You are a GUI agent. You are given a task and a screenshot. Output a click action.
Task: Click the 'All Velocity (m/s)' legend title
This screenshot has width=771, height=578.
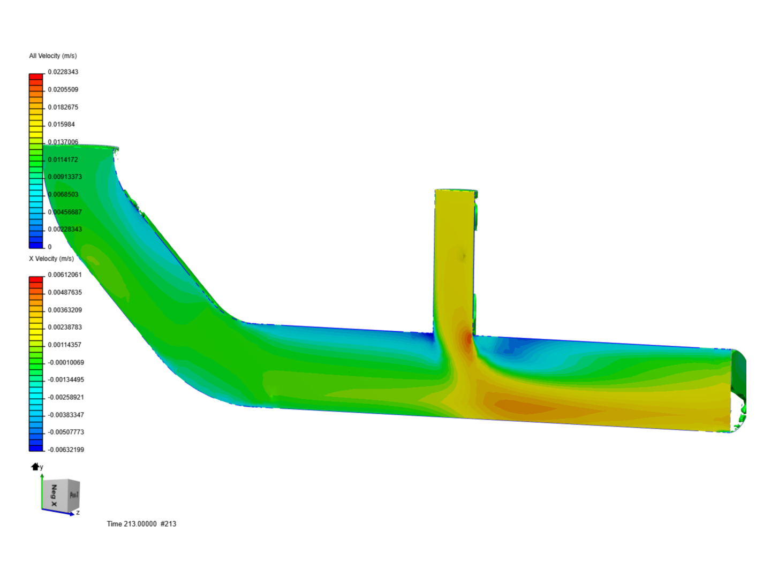tap(52, 56)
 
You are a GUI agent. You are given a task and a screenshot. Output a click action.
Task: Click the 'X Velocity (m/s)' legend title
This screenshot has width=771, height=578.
tap(51, 258)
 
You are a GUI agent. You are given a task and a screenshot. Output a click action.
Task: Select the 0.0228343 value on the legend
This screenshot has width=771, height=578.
tap(63, 72)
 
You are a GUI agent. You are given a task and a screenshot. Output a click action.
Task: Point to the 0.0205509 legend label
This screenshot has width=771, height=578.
tap(63, 89)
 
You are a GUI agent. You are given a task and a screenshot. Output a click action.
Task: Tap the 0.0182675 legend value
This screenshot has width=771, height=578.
tap(63, 107)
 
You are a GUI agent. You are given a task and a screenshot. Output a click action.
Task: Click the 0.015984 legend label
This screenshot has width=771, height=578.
tap(61, 124)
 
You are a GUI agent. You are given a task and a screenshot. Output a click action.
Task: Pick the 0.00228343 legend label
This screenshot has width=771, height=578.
tap(65, 229)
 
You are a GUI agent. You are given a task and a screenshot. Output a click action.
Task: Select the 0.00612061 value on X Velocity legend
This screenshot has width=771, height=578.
tap(65, 275)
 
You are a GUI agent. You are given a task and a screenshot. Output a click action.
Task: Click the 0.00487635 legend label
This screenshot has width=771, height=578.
tap(65, 292)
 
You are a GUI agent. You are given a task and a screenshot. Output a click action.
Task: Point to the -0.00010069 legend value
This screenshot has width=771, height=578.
tap(66, 362)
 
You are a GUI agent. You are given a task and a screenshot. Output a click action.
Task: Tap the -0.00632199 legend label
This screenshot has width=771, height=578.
tap(66, 450)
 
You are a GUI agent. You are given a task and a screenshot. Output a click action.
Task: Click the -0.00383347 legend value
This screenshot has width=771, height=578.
tap(66, 415)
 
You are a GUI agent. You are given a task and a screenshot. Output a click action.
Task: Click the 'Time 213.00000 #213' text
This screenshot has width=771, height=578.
tap(141, 523)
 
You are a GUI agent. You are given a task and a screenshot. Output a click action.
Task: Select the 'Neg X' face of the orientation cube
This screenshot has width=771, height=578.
tap(54, 496)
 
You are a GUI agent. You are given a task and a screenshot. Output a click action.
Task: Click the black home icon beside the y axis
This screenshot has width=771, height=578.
tap(35, 467)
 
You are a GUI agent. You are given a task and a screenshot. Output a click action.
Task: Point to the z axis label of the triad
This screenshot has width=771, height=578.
tap(78, 513)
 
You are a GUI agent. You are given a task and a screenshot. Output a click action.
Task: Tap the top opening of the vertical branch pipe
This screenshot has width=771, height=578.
tap(456, 191)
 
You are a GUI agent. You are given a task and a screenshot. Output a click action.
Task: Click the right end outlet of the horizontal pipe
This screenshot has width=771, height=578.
tap(738, 390)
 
